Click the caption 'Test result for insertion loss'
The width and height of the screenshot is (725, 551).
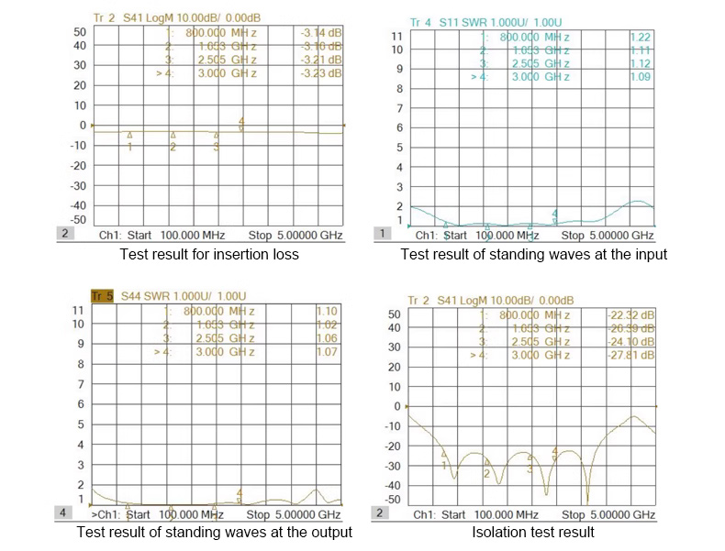209,254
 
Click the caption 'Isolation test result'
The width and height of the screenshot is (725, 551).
532,532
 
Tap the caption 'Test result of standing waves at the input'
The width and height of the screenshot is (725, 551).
533,254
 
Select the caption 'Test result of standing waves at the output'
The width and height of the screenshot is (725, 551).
214,532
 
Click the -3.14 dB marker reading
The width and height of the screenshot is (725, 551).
321,34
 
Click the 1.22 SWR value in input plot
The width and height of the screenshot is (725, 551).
640,37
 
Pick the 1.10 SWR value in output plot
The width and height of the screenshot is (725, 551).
325,312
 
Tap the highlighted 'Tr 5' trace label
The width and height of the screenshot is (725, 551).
101,295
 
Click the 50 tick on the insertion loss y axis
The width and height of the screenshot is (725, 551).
80,32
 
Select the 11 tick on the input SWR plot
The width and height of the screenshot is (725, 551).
397,36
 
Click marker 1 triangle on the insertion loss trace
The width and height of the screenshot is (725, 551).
130,134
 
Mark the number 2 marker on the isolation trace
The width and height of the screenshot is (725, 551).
486,473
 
